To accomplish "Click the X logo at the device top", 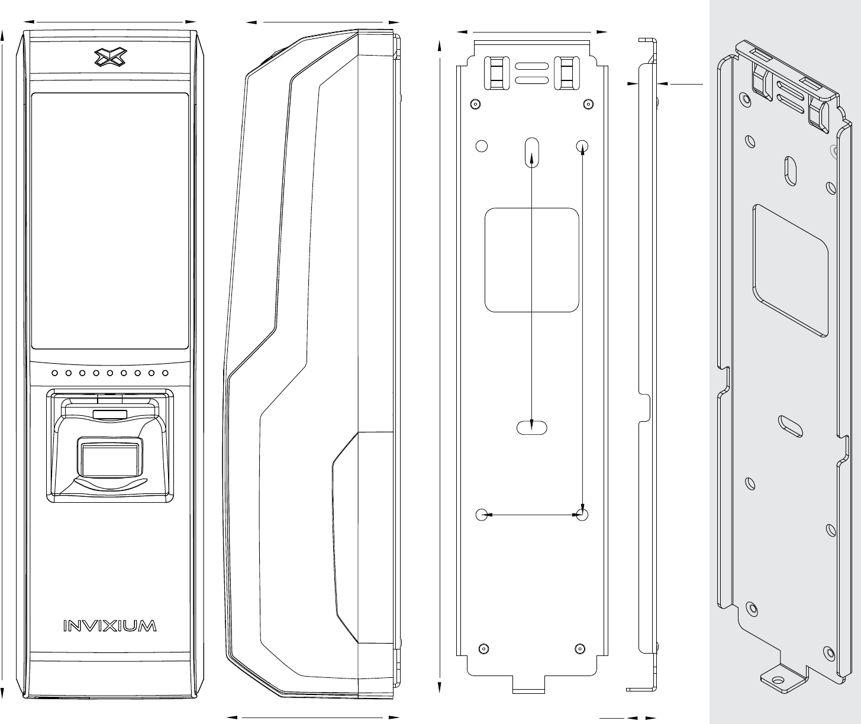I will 110,57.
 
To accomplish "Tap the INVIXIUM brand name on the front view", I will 110,626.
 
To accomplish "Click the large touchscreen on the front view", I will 110,220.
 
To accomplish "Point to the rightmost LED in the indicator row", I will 166,373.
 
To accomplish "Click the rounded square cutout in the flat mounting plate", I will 531,260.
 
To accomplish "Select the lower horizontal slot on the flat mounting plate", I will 531,427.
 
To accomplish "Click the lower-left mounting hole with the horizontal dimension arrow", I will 482,515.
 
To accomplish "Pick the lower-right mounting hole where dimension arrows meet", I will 582,515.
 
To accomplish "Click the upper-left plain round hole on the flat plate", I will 482,146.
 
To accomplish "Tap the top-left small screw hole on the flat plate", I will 474,104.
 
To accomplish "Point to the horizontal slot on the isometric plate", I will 791,425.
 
